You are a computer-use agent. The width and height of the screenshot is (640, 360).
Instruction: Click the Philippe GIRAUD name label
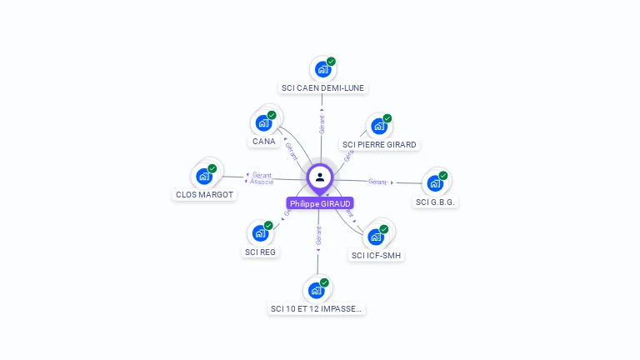click(321, 203)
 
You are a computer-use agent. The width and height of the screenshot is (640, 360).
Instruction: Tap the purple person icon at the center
click(320, 177)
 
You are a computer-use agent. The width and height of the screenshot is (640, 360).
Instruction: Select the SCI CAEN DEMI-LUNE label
click(322, 87)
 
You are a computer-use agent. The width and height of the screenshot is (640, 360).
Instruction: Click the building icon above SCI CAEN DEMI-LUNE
click(321, 70)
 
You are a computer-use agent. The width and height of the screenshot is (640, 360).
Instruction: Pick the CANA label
click(263, 141)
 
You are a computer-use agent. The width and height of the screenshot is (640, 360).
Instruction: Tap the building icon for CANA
click(264, 123)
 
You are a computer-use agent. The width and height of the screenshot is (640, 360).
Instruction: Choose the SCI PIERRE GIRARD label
click(379, 144)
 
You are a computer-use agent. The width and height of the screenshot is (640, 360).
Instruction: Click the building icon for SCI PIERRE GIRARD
click(379, 127)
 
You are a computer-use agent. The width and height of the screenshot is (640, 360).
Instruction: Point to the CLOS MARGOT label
click(204, 194)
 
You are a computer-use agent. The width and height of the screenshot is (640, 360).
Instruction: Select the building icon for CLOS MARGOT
click(203, 177)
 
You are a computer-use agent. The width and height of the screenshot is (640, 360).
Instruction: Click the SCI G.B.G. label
click(437, 202)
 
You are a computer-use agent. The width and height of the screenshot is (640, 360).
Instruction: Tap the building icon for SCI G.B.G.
click(435, 183)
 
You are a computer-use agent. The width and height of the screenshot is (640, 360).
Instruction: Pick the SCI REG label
click(260, 252)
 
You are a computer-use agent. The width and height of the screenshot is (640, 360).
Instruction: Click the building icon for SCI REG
click(261, 233)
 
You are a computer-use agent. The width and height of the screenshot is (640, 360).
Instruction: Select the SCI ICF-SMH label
click(377, 255)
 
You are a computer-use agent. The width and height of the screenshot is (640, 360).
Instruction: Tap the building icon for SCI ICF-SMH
click(377, 237)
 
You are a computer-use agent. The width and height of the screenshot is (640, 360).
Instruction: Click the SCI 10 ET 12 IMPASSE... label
click(317, 308)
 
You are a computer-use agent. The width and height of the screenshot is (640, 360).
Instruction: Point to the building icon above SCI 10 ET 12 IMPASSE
click(317, 290)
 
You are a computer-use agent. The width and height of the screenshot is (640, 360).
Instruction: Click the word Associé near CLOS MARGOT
click(262, 182)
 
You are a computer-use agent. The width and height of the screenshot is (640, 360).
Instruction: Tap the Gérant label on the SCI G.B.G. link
click(377, 181)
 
